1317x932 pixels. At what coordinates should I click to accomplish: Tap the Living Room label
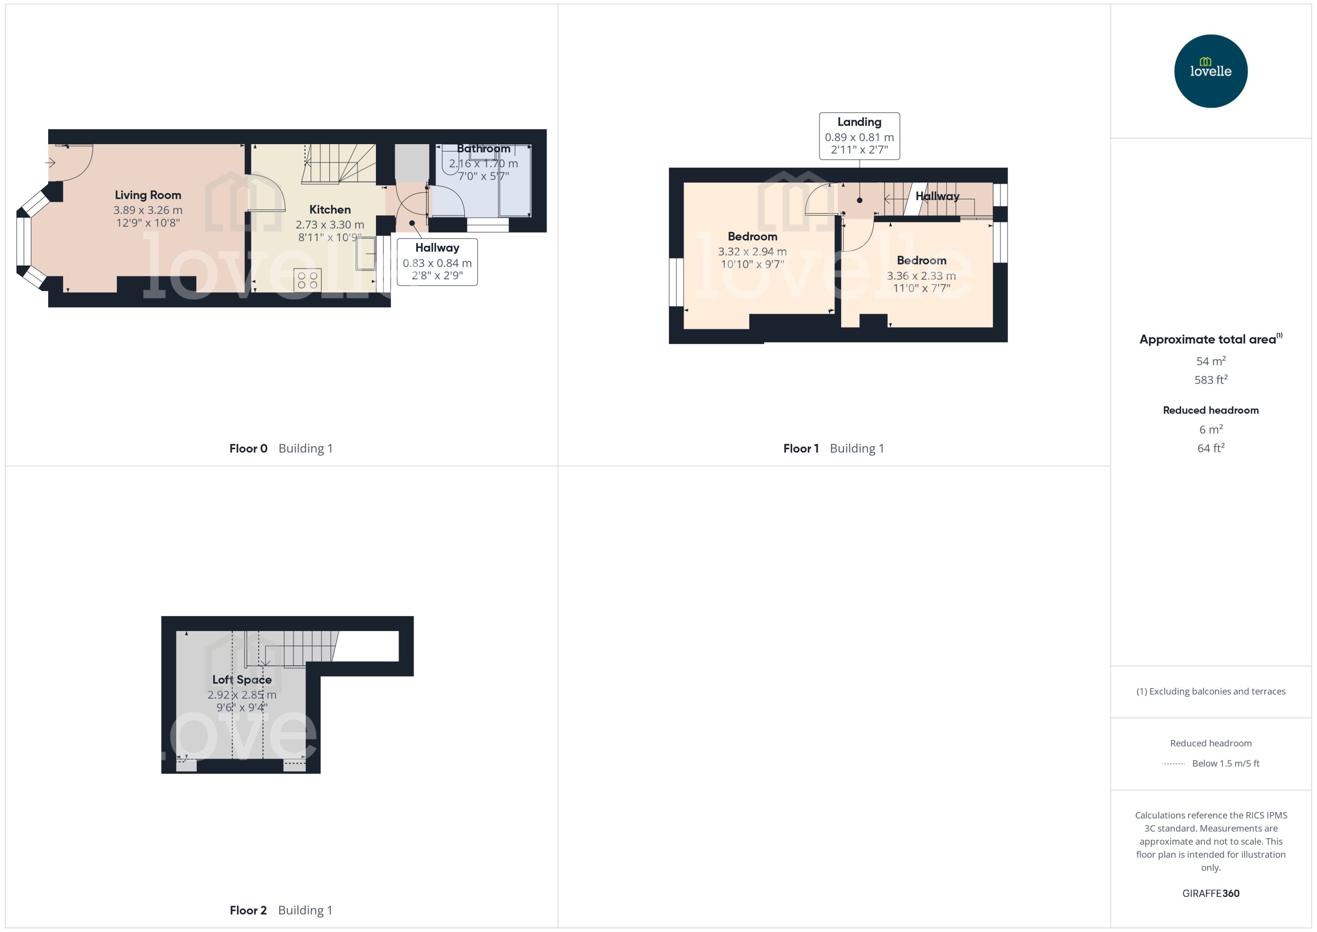pos(148,195)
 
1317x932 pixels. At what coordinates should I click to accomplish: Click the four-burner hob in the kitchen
pos(307,280)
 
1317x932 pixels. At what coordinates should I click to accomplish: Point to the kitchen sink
pos(365,253)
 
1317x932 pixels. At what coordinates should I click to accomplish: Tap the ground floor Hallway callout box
pos(437,262)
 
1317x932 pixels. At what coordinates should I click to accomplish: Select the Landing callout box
pos(859,136)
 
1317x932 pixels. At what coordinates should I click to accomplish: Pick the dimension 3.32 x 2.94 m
pos(752,251)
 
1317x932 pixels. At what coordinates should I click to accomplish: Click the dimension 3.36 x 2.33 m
pos(921,275)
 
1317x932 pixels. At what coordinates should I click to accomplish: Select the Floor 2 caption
pos(248,910)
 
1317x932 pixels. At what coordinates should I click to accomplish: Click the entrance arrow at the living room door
pos(50,163)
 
